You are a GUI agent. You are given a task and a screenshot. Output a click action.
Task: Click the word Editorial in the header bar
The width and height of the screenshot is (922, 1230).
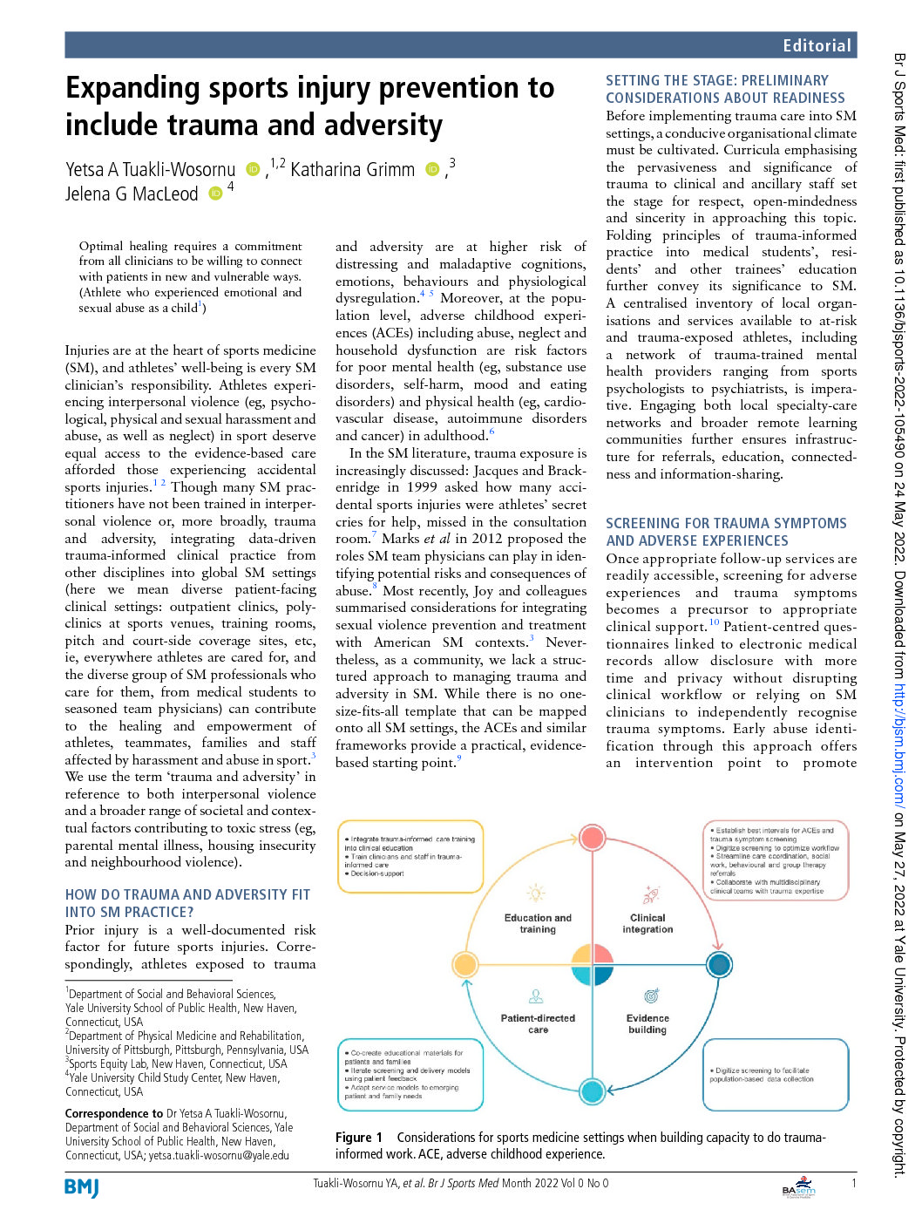pos(816,45)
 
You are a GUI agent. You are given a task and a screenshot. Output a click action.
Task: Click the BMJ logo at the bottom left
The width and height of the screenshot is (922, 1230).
pos(82,1187)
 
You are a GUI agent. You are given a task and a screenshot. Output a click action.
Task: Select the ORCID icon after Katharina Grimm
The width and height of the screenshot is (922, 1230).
pos(432,169)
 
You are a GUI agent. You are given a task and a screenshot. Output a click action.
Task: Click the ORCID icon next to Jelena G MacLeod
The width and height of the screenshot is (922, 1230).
pos(216,194)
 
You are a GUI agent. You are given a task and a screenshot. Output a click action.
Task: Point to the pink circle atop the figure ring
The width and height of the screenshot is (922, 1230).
pos(593,838)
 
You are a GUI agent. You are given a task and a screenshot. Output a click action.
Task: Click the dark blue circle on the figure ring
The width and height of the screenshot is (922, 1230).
pos(719,964)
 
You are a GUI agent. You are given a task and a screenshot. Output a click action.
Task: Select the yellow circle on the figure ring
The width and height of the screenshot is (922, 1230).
pos(465,964)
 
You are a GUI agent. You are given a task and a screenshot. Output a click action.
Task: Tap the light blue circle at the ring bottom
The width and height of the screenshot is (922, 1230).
pos(592,1091)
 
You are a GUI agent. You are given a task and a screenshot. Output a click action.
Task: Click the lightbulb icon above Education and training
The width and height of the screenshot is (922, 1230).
pos(536,893)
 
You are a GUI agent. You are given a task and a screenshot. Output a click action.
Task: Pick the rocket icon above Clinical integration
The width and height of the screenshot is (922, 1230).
pos(650,894)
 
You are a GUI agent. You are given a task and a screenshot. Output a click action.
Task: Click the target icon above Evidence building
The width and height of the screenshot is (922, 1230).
pos(650,996)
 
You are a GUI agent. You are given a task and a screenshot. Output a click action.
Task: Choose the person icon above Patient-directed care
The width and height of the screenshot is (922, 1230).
pos(536,996)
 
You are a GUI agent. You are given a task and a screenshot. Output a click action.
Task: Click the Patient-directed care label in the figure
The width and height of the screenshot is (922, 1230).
pos(538,1023)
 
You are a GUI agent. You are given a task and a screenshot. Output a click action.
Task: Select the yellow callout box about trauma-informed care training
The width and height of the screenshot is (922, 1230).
pos(410,856)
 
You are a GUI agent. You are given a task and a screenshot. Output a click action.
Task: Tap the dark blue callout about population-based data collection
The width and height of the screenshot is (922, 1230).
pos(776,1075)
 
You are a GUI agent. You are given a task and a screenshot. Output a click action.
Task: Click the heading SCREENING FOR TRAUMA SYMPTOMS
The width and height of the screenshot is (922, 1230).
pos(726,523)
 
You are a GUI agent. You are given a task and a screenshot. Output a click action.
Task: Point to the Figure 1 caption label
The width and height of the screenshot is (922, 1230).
pos(358,1137)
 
